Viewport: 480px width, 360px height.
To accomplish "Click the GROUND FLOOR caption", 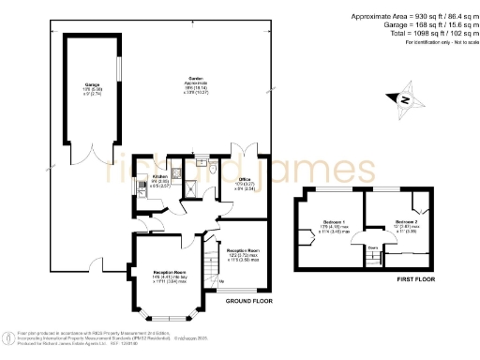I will pos(249,303).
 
